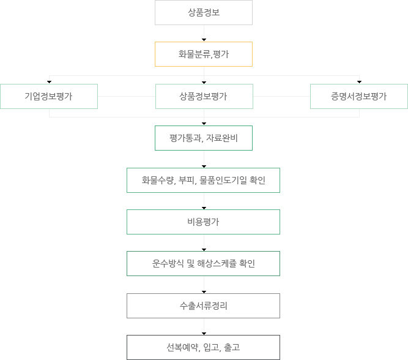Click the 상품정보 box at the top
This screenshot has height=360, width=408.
[204, 12]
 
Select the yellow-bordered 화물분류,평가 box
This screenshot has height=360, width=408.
[204, 54]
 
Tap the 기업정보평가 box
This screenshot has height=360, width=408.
[49, 96]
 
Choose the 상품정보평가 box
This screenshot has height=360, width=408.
[204, 96]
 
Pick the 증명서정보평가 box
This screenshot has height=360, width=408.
[359, 96]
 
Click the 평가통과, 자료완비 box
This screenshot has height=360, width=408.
[204, 138]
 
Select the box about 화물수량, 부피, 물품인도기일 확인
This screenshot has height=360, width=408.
[203, 180]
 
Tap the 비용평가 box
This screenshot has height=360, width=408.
[203, 222]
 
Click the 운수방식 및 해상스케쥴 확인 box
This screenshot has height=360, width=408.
[203, 264]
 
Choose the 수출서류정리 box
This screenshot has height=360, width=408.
[203, 306]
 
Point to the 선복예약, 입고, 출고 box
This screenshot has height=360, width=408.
[203, 348]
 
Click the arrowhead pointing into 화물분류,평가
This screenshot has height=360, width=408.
[204, 40]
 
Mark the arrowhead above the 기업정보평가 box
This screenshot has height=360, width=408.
[49, 82]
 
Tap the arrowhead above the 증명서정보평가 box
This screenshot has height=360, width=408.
[359, 82]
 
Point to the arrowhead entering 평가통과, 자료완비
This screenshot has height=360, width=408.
[204, 124]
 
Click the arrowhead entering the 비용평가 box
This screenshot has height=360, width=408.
[204, 208]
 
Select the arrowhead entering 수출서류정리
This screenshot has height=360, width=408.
[204, 292]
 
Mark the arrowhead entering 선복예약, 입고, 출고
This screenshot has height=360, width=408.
[204, 334]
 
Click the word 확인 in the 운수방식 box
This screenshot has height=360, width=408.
[247, 264]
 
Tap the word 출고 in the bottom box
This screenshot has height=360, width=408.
[232, 348]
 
